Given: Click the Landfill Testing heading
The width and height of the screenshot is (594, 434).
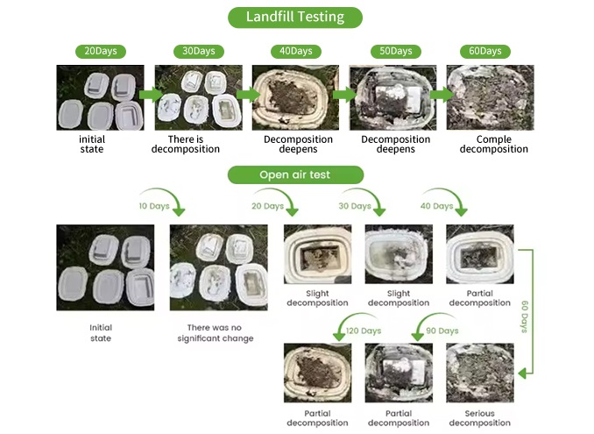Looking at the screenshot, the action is (295, 18).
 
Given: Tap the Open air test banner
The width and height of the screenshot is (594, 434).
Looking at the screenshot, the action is (295, 174).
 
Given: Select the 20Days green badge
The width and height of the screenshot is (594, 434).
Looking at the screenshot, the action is (101, 51).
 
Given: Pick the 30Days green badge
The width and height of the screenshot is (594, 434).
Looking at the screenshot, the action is (199, 51).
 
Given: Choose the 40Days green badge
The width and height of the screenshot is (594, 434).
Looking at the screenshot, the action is (296, 51).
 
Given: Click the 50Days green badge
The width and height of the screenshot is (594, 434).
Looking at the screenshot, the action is (395, 51).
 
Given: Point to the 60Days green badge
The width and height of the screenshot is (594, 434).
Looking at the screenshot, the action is (484, 51).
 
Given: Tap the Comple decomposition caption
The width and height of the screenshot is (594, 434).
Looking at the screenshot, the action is (493, 144).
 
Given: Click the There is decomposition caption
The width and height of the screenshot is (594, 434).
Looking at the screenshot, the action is (185, 144).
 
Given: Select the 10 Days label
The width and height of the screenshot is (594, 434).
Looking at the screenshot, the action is (154, 206).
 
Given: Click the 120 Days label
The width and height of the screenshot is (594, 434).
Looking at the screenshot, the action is (364, 331).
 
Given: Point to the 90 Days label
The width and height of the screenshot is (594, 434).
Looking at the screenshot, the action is (442, 331).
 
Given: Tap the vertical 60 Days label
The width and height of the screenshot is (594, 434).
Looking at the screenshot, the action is (525, 317).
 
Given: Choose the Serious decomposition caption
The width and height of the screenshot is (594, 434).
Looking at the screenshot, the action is (479, 418).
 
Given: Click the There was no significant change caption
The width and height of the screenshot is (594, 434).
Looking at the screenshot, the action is (215, 333).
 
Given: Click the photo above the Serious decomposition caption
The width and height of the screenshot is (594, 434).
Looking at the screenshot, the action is (480, 373).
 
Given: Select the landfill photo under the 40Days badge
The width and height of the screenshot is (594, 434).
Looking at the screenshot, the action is (295, 97).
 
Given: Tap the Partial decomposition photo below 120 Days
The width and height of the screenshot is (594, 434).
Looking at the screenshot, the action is (317, 373).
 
